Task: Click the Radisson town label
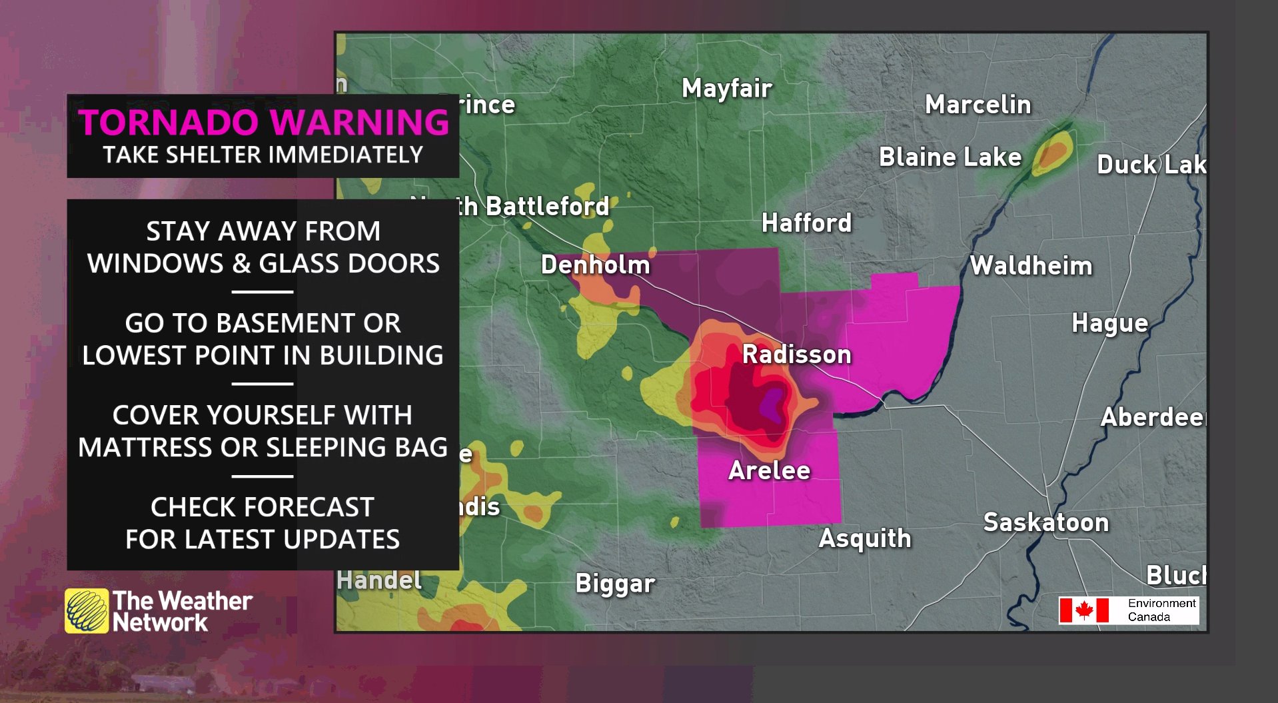coord(796,354)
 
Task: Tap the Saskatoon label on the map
coord(1045,522)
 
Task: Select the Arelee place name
coord(769,470)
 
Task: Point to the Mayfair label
coord(726,89)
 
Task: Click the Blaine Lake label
coord(950,157)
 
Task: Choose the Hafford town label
coord(806,223)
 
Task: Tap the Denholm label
coord(595,265)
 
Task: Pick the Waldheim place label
coord(1031,266)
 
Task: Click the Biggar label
coord(615,584)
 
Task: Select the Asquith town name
coord(864,538)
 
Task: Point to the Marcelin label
coord(977,105)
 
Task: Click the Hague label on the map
coord(1109,323)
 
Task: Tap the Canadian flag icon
coord(1083,610)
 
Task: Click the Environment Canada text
coord(1161,610)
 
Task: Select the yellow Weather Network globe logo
coord(87,610)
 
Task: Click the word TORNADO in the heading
coord(168,123)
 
